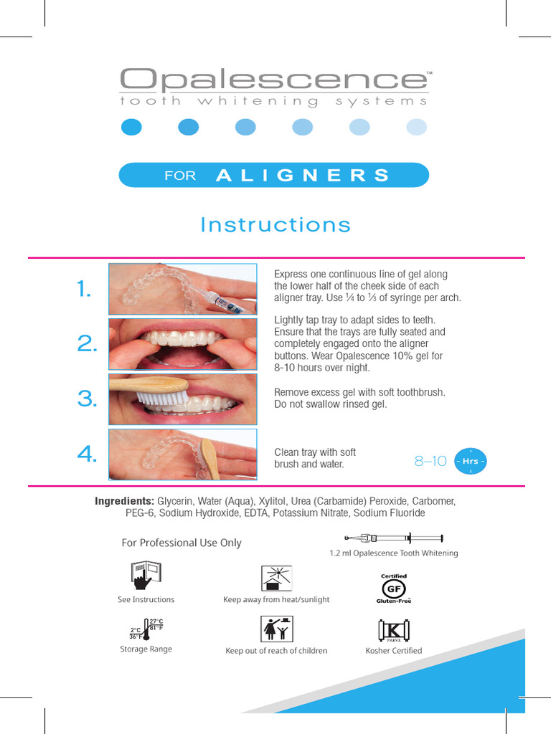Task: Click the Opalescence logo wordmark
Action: tap(273, 80)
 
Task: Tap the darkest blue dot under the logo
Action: tap(131, 127)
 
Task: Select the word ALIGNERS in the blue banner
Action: tap(302, 176)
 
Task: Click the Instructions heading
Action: tap(275, 225)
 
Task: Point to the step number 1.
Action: tap(85, 290)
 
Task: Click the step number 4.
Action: tap(86, 454)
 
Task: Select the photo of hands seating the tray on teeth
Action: tap(182, 344)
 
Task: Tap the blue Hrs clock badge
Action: tap(471, 462)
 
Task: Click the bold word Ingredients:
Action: tap(124, 500)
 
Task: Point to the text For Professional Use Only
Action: tap(182, 543)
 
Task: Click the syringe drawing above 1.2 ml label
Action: tap(393, 538)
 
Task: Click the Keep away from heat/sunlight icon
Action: tap(275, 577)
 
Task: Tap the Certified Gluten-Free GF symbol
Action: tap(393, 588)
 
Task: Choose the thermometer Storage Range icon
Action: tap(146, 629)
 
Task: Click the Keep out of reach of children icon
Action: tap(275, 629)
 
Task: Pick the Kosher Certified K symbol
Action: tap(393, 630)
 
